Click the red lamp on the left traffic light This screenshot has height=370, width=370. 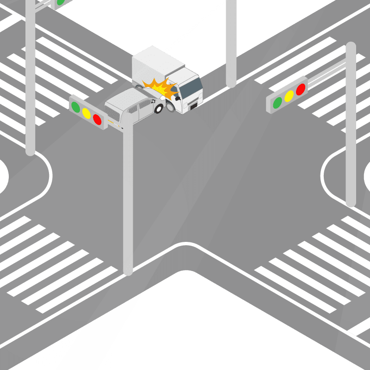[97, 119]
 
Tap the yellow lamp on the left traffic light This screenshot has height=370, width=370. [86, 113]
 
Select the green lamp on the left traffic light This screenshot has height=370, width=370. [75, 107]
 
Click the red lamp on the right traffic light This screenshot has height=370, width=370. [301, 89]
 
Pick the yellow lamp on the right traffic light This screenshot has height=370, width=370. [289, 96]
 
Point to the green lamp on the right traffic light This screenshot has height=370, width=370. [277, 102]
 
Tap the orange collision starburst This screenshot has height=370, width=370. [160, 88]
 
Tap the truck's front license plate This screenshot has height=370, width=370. [193, 106]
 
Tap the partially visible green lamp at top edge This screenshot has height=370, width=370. [60, 2]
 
